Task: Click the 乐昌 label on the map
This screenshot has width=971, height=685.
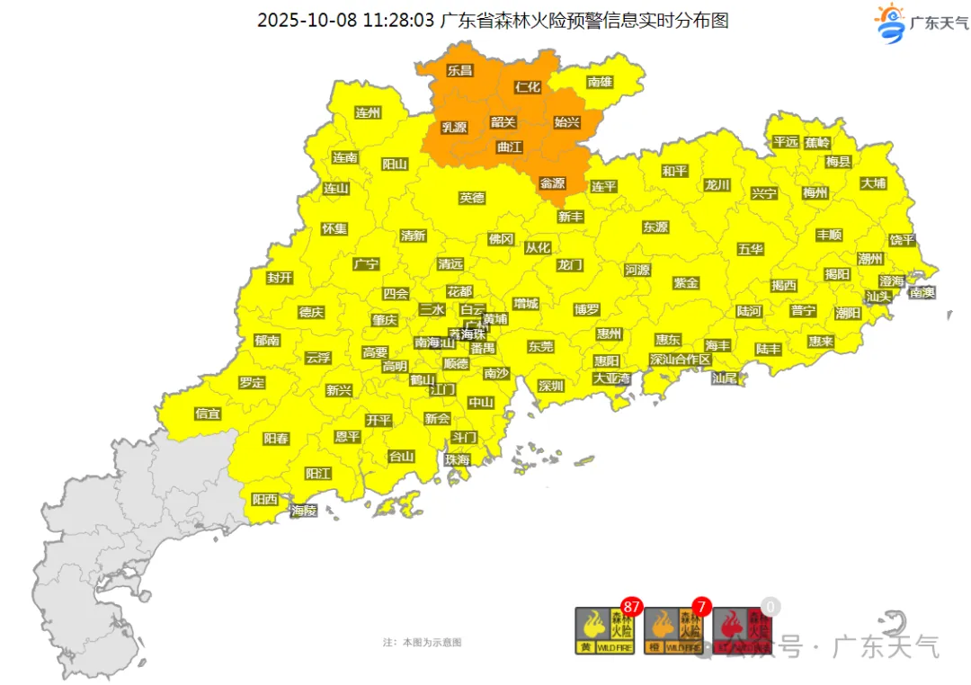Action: [459, 70]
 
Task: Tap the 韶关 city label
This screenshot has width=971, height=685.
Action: [503, 122]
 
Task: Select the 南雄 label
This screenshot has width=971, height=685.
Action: [600, 82]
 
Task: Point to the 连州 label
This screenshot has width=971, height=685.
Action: [368, 113]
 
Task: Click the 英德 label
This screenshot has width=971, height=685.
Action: [471, 198]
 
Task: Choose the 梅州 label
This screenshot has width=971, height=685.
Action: [815, 192]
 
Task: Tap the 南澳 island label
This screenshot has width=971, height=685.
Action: [922, 292]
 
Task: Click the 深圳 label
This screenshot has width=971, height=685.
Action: [550, 387]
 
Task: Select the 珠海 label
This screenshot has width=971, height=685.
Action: [457, 459]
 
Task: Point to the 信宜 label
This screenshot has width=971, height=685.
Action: [208, 414]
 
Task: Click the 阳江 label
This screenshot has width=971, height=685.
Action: [318, 473]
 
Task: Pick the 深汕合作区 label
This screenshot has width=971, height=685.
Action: [681, 360]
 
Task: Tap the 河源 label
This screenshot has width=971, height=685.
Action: [637, 270]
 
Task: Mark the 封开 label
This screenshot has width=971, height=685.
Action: [280, 278]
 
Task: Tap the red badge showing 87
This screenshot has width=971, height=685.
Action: [631, 606]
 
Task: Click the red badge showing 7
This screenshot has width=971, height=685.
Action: [701, 606]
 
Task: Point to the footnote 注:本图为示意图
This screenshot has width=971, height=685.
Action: [422, 643]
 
